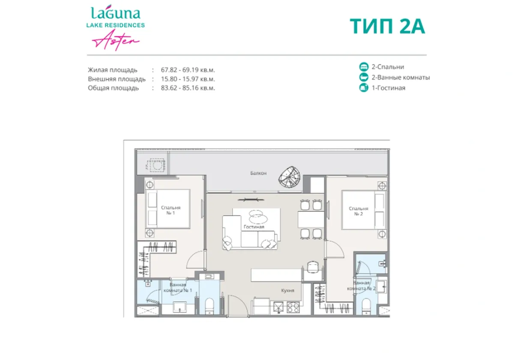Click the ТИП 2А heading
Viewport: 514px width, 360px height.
(387, 26)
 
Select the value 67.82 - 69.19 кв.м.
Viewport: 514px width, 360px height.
(188, 69)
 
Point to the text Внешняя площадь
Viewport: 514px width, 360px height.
(117, 79)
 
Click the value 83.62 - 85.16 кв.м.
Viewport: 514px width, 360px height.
(188, 88)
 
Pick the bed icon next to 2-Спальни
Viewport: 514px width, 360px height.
(364, 67)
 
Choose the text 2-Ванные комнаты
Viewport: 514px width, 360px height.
(400, 78)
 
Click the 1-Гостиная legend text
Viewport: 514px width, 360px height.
(388, 88)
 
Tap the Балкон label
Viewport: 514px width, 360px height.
(259, 173)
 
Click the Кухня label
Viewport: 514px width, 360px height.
(288, 290)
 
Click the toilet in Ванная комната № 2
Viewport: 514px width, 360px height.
(366, 306)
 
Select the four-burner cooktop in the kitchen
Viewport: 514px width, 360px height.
(293, 307)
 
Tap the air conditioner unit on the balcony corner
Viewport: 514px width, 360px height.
(153, 165)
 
